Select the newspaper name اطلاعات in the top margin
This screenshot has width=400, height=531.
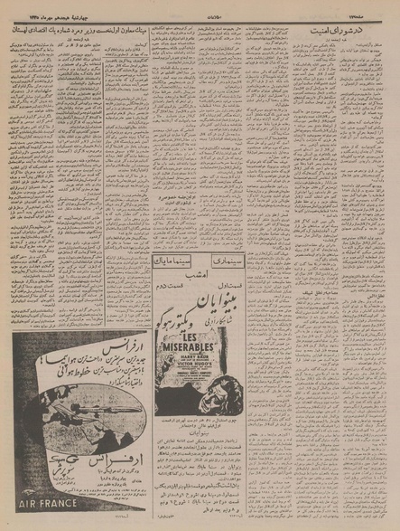click(x=200, y=5)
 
